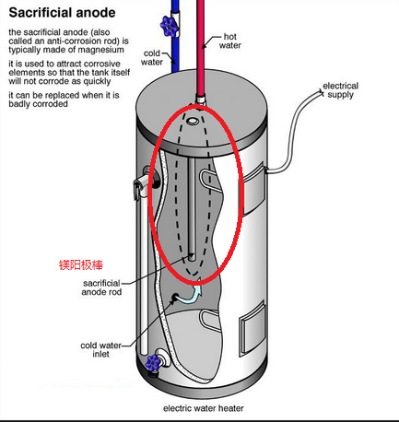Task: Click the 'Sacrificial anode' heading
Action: point(62,13)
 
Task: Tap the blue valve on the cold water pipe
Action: point(169,26)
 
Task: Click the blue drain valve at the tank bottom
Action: point(153,362)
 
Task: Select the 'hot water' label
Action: point(229,41)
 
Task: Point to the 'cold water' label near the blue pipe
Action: point(152,57)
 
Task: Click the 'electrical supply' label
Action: point(340,90)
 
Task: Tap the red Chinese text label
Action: point(81,264)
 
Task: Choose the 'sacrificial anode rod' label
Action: point(101,287)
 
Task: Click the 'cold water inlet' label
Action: point(100,349)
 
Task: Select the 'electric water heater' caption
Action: point(204,408)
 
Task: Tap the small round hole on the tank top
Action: point(192,121)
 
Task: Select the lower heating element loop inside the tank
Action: point(209,320)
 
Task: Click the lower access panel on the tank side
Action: point(252,328)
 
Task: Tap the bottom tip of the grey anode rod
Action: point(192,260)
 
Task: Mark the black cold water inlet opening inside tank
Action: point(175,297)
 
